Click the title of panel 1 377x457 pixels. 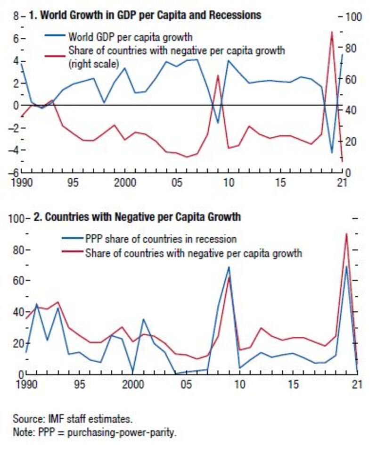(x=145, y=15)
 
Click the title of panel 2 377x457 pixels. (x=137, y=217)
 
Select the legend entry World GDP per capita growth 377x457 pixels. (x=130, y=36)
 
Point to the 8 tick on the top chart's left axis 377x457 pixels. (x=16, y=16)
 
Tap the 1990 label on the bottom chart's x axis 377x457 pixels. (x=26, y=384)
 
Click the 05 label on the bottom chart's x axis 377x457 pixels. (x=186, y=384)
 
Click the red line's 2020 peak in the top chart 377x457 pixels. (x=332, y=32)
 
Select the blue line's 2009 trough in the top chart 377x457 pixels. (x=218, y=123)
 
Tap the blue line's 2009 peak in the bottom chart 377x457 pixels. (x=229, y=267)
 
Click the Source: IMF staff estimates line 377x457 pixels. (x=73, y=418)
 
